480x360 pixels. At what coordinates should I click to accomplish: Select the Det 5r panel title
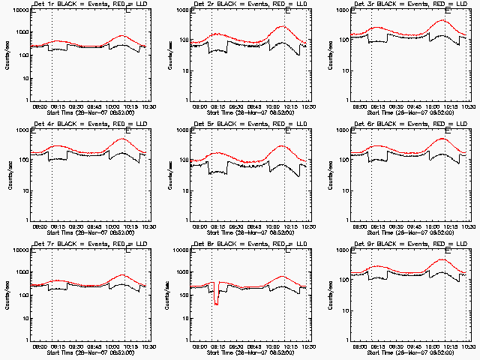pyautogui.click(x=244, y=124)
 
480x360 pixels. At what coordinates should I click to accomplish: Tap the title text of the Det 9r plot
pyautogui.click(x=403, y=244)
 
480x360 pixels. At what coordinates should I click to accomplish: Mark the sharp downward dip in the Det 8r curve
pyautogui.click(x=217, y=303)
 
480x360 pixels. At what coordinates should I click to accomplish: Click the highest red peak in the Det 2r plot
pyautogui.click(x=283, y=26)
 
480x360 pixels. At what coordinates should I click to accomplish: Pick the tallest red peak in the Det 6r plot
pyautogui.click(x=443, y=139)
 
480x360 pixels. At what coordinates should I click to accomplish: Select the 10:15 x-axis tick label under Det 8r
pyautogui.click(x=290, y=346)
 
